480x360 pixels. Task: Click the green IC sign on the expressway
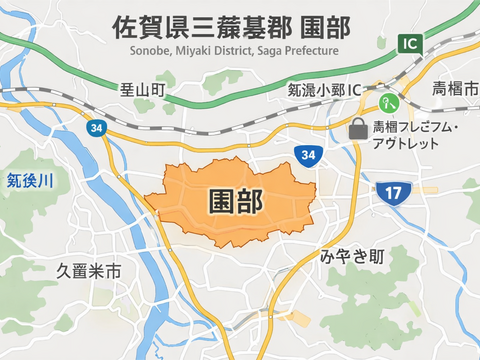[x=408, y=43]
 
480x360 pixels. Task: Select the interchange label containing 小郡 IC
[x=323, y=91]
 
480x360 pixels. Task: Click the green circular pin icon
[x=386, y=102]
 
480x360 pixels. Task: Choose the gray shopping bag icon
[x=357, y=128]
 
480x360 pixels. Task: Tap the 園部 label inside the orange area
[x=235, y=201]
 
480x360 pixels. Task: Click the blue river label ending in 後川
[x=29, y=181]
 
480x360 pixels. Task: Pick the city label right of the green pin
[x=452, y=91]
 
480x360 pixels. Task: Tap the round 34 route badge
[x=96, y=128]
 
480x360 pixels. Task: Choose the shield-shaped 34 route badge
[x=309, y=155]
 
